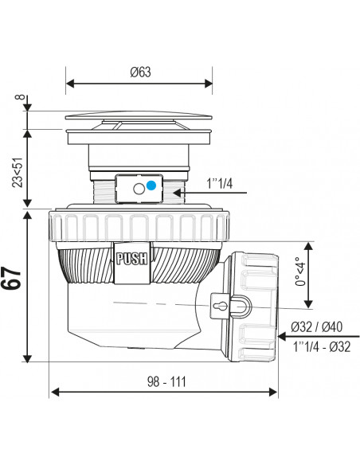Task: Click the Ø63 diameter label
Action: point(140,72)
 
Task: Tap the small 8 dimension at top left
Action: point(19,97)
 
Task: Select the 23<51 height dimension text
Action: point(18,173)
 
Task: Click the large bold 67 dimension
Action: point(12,278)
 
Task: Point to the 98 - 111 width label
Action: point(166,381)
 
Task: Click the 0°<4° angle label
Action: point(300,271)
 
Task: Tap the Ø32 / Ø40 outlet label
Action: point(317,326)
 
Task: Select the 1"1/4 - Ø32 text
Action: point(322,346)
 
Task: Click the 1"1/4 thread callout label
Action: point(220,184)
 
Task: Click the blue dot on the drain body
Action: point(151,186)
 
